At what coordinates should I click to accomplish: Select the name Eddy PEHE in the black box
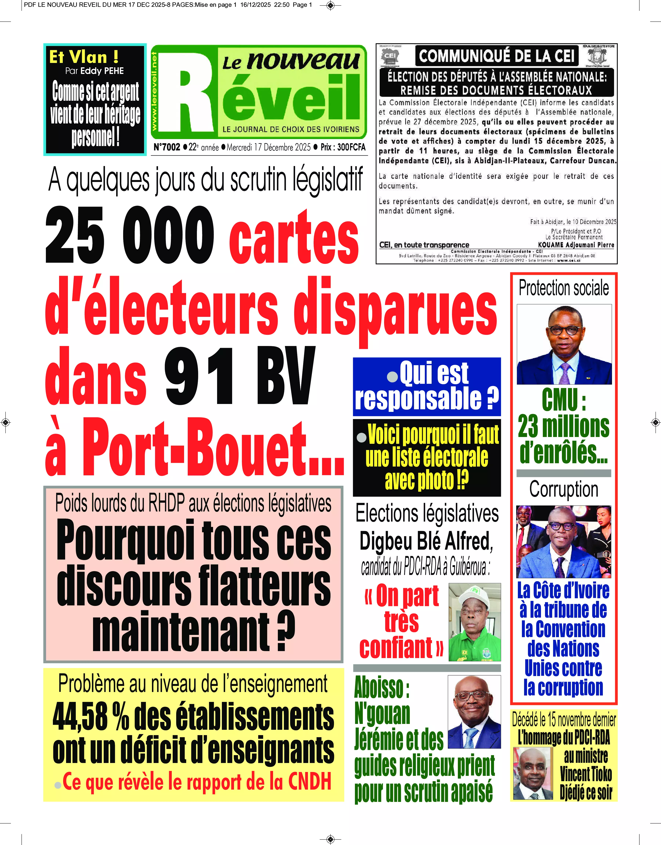[102, 71]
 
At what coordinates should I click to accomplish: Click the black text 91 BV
[239, 376]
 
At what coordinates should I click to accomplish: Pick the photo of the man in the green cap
[475, 622]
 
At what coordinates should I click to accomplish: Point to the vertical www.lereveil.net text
[154, 91]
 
